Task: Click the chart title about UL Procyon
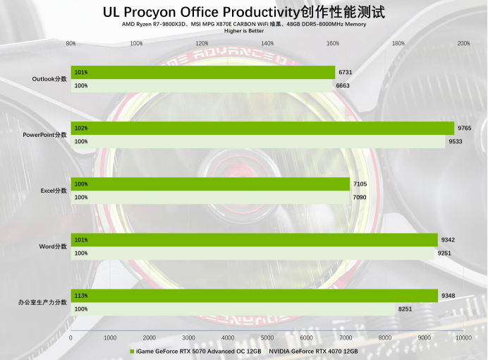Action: pos(244,12)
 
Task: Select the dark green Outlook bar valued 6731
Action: pos(203,72)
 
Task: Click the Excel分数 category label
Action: pos(54,191)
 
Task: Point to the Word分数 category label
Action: pos(53,246)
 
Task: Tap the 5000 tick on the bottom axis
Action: pos(267,338)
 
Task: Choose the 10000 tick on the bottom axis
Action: pos(463,338)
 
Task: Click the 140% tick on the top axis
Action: pos(267,43)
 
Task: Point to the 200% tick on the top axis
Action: pos(463,43)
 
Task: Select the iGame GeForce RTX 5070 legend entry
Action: pos(195,351)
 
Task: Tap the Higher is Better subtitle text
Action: pos(244,31)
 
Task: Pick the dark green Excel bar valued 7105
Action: pos(210,184)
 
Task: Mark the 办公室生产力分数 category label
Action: pos(43,302)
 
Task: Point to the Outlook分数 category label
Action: pos(49,79)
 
